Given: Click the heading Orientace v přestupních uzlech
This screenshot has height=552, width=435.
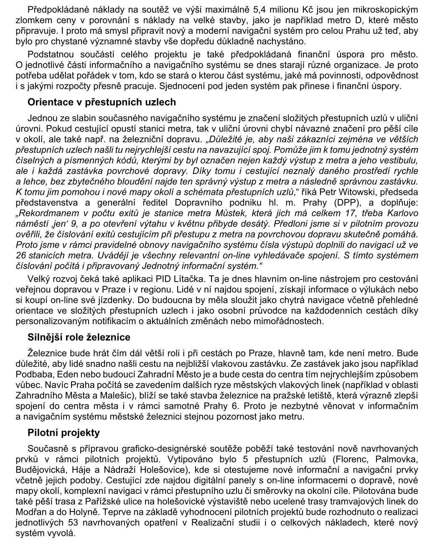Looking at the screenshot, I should click(x=102, y=102).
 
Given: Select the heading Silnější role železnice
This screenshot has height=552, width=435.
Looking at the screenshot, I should click(x=79, y=337).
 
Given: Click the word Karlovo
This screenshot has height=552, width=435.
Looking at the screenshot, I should click(x=404, y=213).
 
